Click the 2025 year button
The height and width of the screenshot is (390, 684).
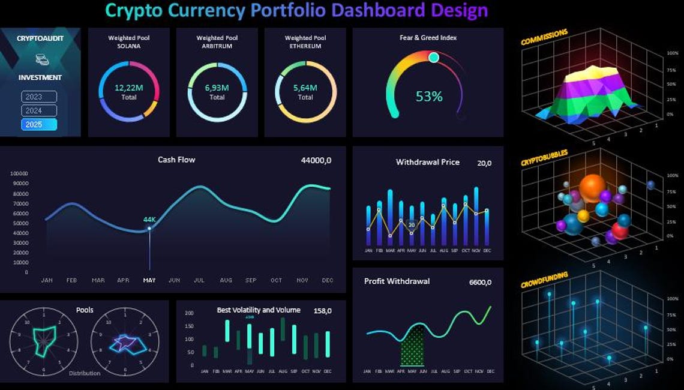click(39, 124)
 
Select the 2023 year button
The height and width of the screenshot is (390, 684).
click(39, 97)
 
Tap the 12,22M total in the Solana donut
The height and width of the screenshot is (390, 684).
click(128, 88)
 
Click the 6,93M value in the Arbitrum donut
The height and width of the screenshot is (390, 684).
click(217, 88)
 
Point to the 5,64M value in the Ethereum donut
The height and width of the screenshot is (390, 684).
click(305, 88)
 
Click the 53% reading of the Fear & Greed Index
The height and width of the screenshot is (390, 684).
click(429, 96)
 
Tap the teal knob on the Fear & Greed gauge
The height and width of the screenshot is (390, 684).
click(434, 57)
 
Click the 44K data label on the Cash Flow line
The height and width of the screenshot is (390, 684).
click(149, 220)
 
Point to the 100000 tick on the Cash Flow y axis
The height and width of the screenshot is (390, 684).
click(20, 173)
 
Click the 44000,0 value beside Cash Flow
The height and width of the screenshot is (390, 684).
click(316, 160)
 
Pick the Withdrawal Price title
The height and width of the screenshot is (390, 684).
click(427, 162)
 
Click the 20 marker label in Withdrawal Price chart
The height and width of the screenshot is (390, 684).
click(412, 226)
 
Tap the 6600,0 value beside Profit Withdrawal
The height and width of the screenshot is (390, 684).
click(480, 282)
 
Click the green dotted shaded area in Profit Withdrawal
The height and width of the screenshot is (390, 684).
click(412, 348)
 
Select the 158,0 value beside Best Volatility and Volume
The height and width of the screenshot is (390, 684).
click(322, 311)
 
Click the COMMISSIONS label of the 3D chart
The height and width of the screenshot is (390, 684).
click(544, 37)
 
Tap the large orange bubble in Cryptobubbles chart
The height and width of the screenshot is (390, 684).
click(592, 187)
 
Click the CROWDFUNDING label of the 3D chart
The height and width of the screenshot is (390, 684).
click(544, 280)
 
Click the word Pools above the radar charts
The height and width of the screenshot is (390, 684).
click(85, 310)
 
